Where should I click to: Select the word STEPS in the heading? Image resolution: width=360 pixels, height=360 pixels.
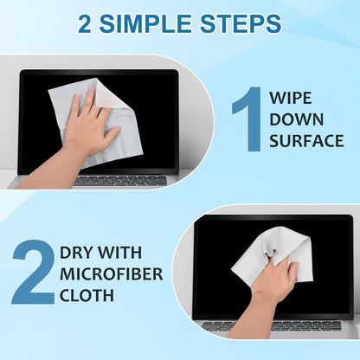[x=239, y=22]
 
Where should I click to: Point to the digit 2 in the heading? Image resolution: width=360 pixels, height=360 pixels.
[x=86, y=22]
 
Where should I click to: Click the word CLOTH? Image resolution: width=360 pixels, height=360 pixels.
[x=87, y=297]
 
